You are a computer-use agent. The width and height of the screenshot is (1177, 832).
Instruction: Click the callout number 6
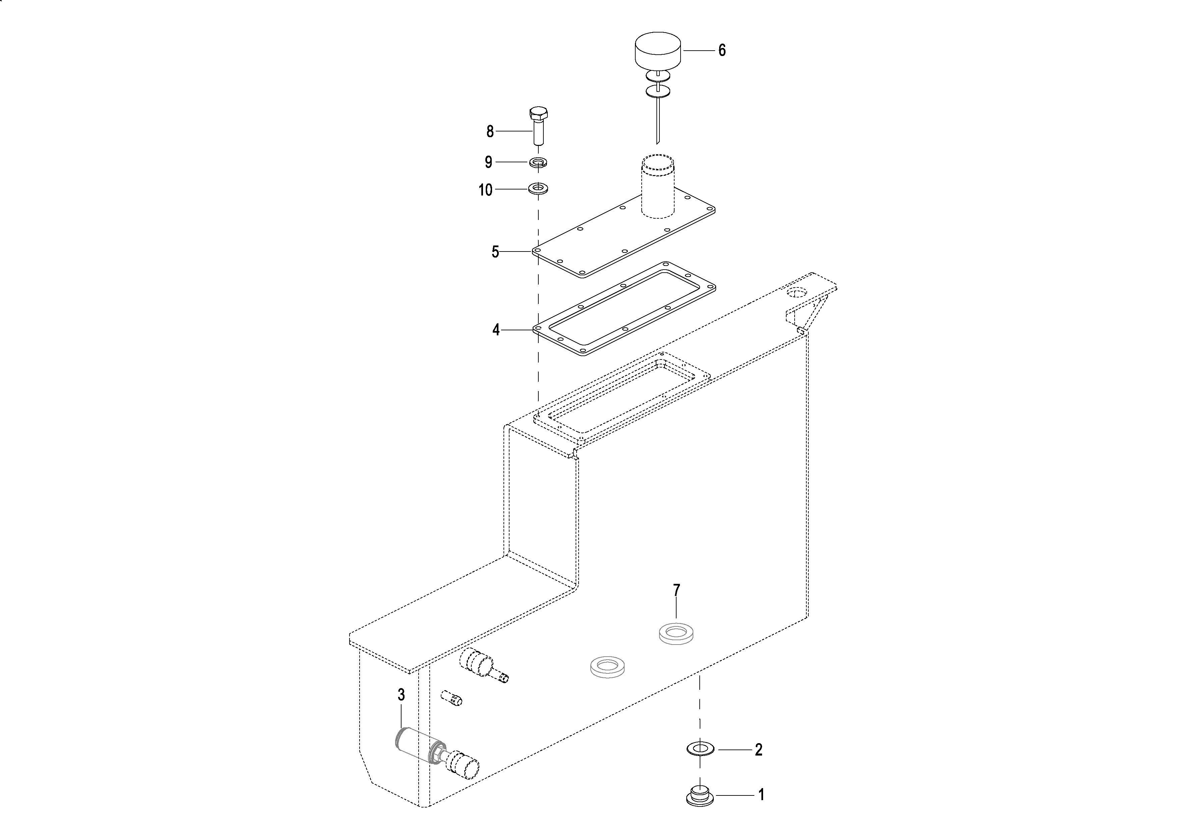(722, 50)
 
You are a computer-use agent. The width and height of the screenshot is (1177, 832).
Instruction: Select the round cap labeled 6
(658, 50)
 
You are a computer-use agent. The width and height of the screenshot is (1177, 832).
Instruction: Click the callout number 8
(490, 132)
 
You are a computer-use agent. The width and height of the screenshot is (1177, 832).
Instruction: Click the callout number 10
(485, 190)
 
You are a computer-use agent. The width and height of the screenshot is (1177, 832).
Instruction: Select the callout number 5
(495, 252)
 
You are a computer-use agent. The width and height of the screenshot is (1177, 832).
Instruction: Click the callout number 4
(496, 330)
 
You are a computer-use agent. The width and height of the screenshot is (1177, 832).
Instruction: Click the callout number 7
(676, 591)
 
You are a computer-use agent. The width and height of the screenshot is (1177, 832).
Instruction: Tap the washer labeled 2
(701, 749)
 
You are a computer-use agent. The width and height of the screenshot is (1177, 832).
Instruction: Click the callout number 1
(761, 795)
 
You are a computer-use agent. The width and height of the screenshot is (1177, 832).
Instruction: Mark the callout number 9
(488, 163)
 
